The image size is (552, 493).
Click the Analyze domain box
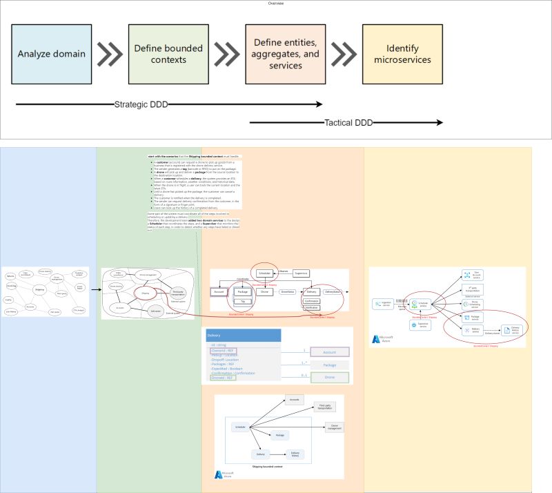[x=52, y=54]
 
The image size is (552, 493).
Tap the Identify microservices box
[x=402, y=54]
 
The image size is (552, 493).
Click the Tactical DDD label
[x=348, y=123]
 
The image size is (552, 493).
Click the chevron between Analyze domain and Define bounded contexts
[x=110, y=54]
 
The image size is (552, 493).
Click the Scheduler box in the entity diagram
[x=265, y=274]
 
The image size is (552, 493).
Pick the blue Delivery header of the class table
[x=243, y=335]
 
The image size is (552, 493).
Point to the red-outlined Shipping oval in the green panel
[x=146, y=293]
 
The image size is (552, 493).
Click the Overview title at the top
[x=276, y=3]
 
